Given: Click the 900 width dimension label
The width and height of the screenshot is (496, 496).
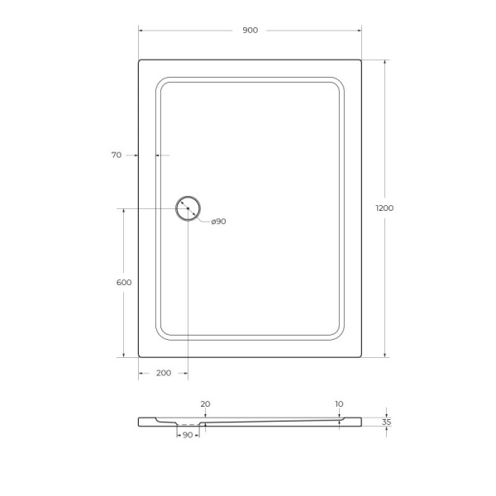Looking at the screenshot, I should click(x=250, y=31).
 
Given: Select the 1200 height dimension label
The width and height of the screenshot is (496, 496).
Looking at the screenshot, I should click(x=385, y=207).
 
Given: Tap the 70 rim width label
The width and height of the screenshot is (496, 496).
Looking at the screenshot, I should click(x=116, y=155).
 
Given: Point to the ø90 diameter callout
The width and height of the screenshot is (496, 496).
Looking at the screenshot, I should click(x=218, y=222).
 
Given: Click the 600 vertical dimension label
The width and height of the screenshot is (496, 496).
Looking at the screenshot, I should click(x=124, y=283).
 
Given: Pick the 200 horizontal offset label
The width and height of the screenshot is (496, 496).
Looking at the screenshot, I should click(x=163, y=373).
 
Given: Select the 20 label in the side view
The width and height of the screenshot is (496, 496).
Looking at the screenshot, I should click(x=205, y=404).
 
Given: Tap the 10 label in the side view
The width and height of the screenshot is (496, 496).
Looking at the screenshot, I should click(x=339, y=404).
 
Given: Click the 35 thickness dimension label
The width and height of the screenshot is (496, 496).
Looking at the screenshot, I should click(x=386, y=422).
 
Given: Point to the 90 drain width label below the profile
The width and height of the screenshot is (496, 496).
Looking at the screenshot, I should click(x=188, y=435).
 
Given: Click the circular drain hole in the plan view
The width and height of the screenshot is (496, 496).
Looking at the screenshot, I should click(x=188, y=208).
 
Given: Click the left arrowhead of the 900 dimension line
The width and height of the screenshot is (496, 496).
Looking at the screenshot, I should click(x=141, y=31).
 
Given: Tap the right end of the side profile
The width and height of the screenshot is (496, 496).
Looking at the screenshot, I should click(x=360, y=422).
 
